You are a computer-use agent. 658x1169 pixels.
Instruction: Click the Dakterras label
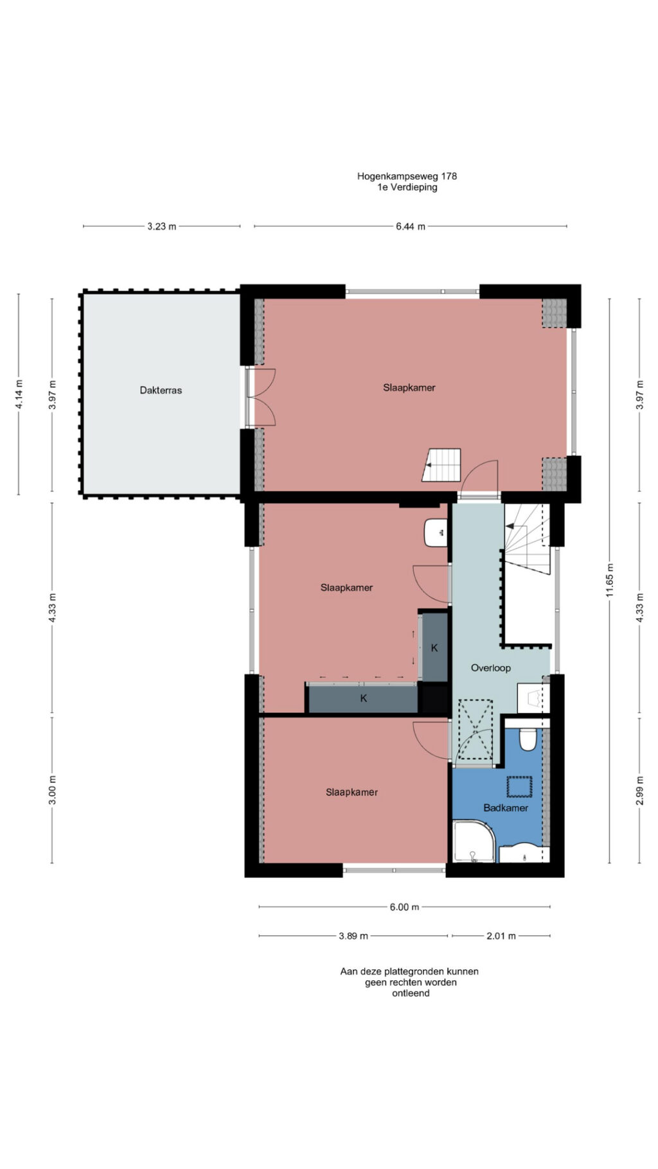click(161, 390)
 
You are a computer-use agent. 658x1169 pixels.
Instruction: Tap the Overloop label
click(490, 668)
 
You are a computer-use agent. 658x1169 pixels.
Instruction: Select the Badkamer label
click(506, 808)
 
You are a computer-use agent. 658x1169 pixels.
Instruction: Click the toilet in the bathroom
click(528, 739)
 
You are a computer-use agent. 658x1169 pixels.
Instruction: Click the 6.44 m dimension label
click(410, 226)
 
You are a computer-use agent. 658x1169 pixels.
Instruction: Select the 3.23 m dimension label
click(161, 226)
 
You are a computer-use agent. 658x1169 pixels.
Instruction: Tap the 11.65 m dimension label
click(610, 580)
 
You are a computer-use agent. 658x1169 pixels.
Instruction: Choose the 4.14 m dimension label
click(19, 395)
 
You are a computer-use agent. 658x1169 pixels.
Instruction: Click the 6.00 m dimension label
click(404, 907)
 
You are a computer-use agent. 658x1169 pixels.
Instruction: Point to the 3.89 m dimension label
click(353, 936)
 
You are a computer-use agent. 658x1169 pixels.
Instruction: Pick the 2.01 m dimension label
click(501, 936)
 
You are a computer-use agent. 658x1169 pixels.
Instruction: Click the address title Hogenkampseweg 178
click(407, 175)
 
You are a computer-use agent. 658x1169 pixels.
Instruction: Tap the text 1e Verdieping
click(407, 188)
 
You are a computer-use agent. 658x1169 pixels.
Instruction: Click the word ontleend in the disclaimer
click(411, 993)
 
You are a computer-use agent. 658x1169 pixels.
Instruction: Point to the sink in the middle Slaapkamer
click(436, 532)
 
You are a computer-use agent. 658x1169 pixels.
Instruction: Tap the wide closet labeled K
click(364, 698)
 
